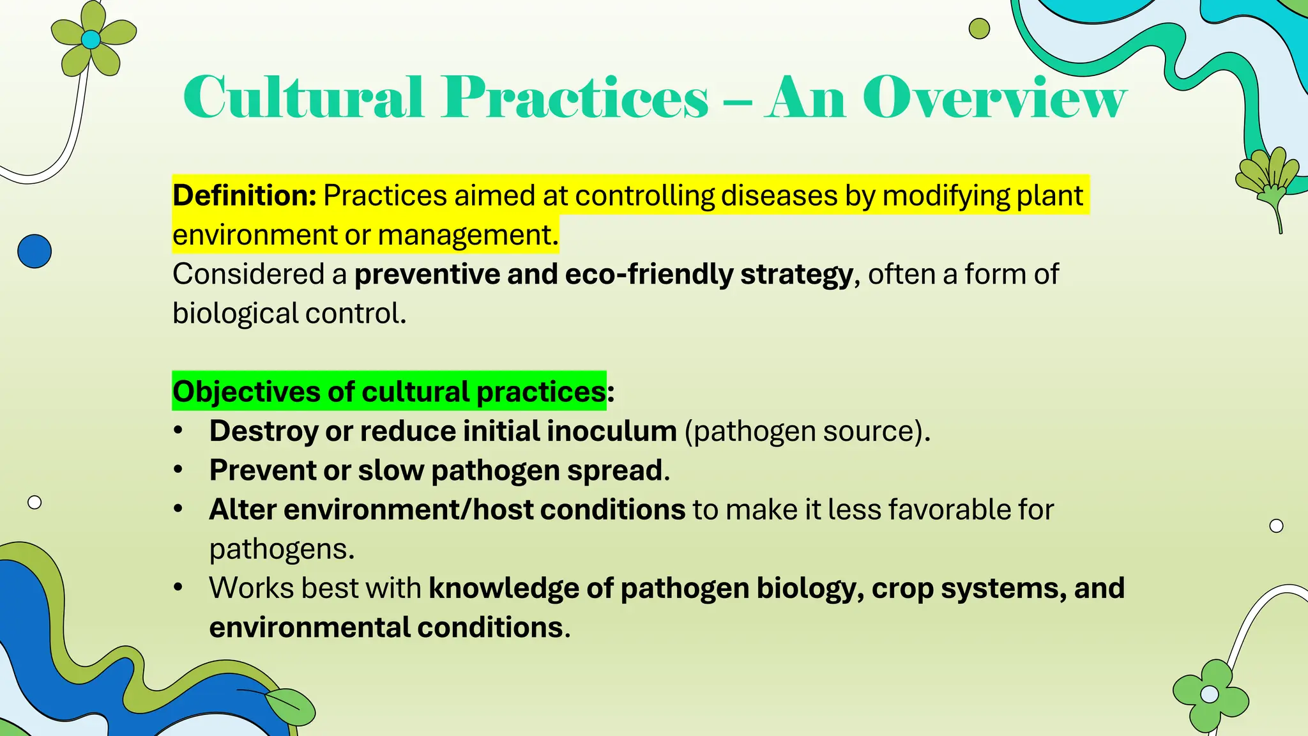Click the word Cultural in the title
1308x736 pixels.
303,98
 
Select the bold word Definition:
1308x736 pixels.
245,195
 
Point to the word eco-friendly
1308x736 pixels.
649,274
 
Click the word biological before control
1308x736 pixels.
235,314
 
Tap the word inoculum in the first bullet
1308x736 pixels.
611,431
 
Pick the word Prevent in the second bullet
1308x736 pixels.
262,470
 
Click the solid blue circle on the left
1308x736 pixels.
34,251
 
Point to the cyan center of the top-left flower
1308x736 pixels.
91,40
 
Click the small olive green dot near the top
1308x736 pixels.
978,29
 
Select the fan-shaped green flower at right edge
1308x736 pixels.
1267,179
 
